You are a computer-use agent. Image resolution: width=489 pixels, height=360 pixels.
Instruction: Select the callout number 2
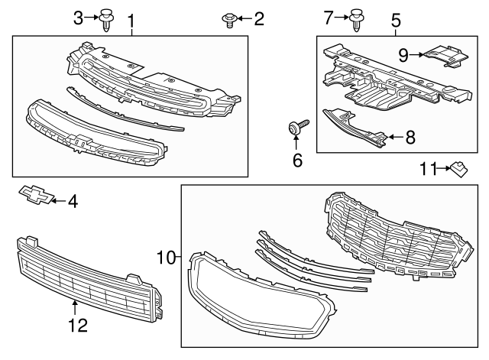point(258,18)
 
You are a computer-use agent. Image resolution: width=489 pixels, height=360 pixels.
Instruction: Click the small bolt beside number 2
point(228,19)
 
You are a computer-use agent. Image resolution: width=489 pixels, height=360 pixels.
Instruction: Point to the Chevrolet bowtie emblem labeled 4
point(35,195)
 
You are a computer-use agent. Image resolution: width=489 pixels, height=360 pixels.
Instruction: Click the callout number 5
point(396,18)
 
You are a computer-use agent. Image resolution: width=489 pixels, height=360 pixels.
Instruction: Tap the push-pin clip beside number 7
point(357,19)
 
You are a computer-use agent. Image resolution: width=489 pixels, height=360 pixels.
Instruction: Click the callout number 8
point(410,138)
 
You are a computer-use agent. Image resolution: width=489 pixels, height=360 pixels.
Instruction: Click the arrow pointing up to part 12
point(75,307)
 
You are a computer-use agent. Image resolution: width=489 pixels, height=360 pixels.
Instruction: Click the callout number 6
point(297,160)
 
